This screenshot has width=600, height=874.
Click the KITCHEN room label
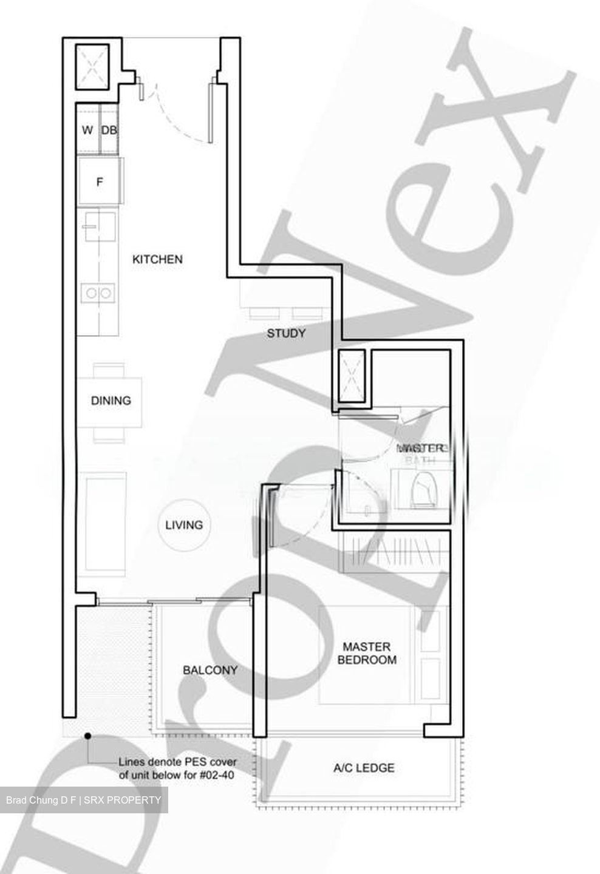click(x=157, y=259)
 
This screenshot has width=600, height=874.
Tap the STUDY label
click(x=286, y=333)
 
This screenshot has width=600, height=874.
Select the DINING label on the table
click(x=111, y=401)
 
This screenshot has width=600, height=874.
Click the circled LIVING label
click(x=183, y=525)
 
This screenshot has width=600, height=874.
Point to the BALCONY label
click(x=210, y=670)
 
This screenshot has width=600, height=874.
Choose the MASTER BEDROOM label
click(x=367, y=653)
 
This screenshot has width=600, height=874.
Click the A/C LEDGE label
click(x=364, y=768)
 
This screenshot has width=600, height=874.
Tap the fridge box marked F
click(x=100, y=181)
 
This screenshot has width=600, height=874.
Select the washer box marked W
click(x=87, y=130)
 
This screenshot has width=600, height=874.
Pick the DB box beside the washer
click(x=109, y=130)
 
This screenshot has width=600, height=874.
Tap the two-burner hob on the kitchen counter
click(x=98, y=293)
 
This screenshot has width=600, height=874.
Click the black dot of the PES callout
click(x=88, y=736)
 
